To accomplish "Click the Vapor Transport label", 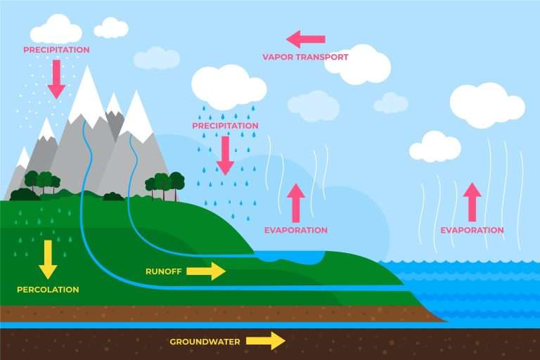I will pyautogui.click(x=305, y=57).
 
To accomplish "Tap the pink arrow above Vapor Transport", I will pyautogui.click(x=306, y=39).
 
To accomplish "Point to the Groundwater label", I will pyautogui.click(x=205, y=342).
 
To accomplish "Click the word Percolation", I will pyautogui.click(x=48, y=289).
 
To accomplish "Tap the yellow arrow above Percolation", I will pyautogui.click(x=48, y=258).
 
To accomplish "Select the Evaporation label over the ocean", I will pyautogui.click(x=472, y=230).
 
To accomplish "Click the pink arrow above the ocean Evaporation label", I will pyautogui.click(x=472, y=199).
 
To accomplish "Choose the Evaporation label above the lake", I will pyautogui.click(x=296, y=230).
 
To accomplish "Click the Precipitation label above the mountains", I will pyautogui.click(x=56, y=50).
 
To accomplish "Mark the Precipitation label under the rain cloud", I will pyautogui.click(x=225, y=126).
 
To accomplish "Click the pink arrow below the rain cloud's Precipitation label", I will pyautogui.click(x=225, y=155).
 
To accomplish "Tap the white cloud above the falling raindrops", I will pyautogui.click(x=226, y=86).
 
